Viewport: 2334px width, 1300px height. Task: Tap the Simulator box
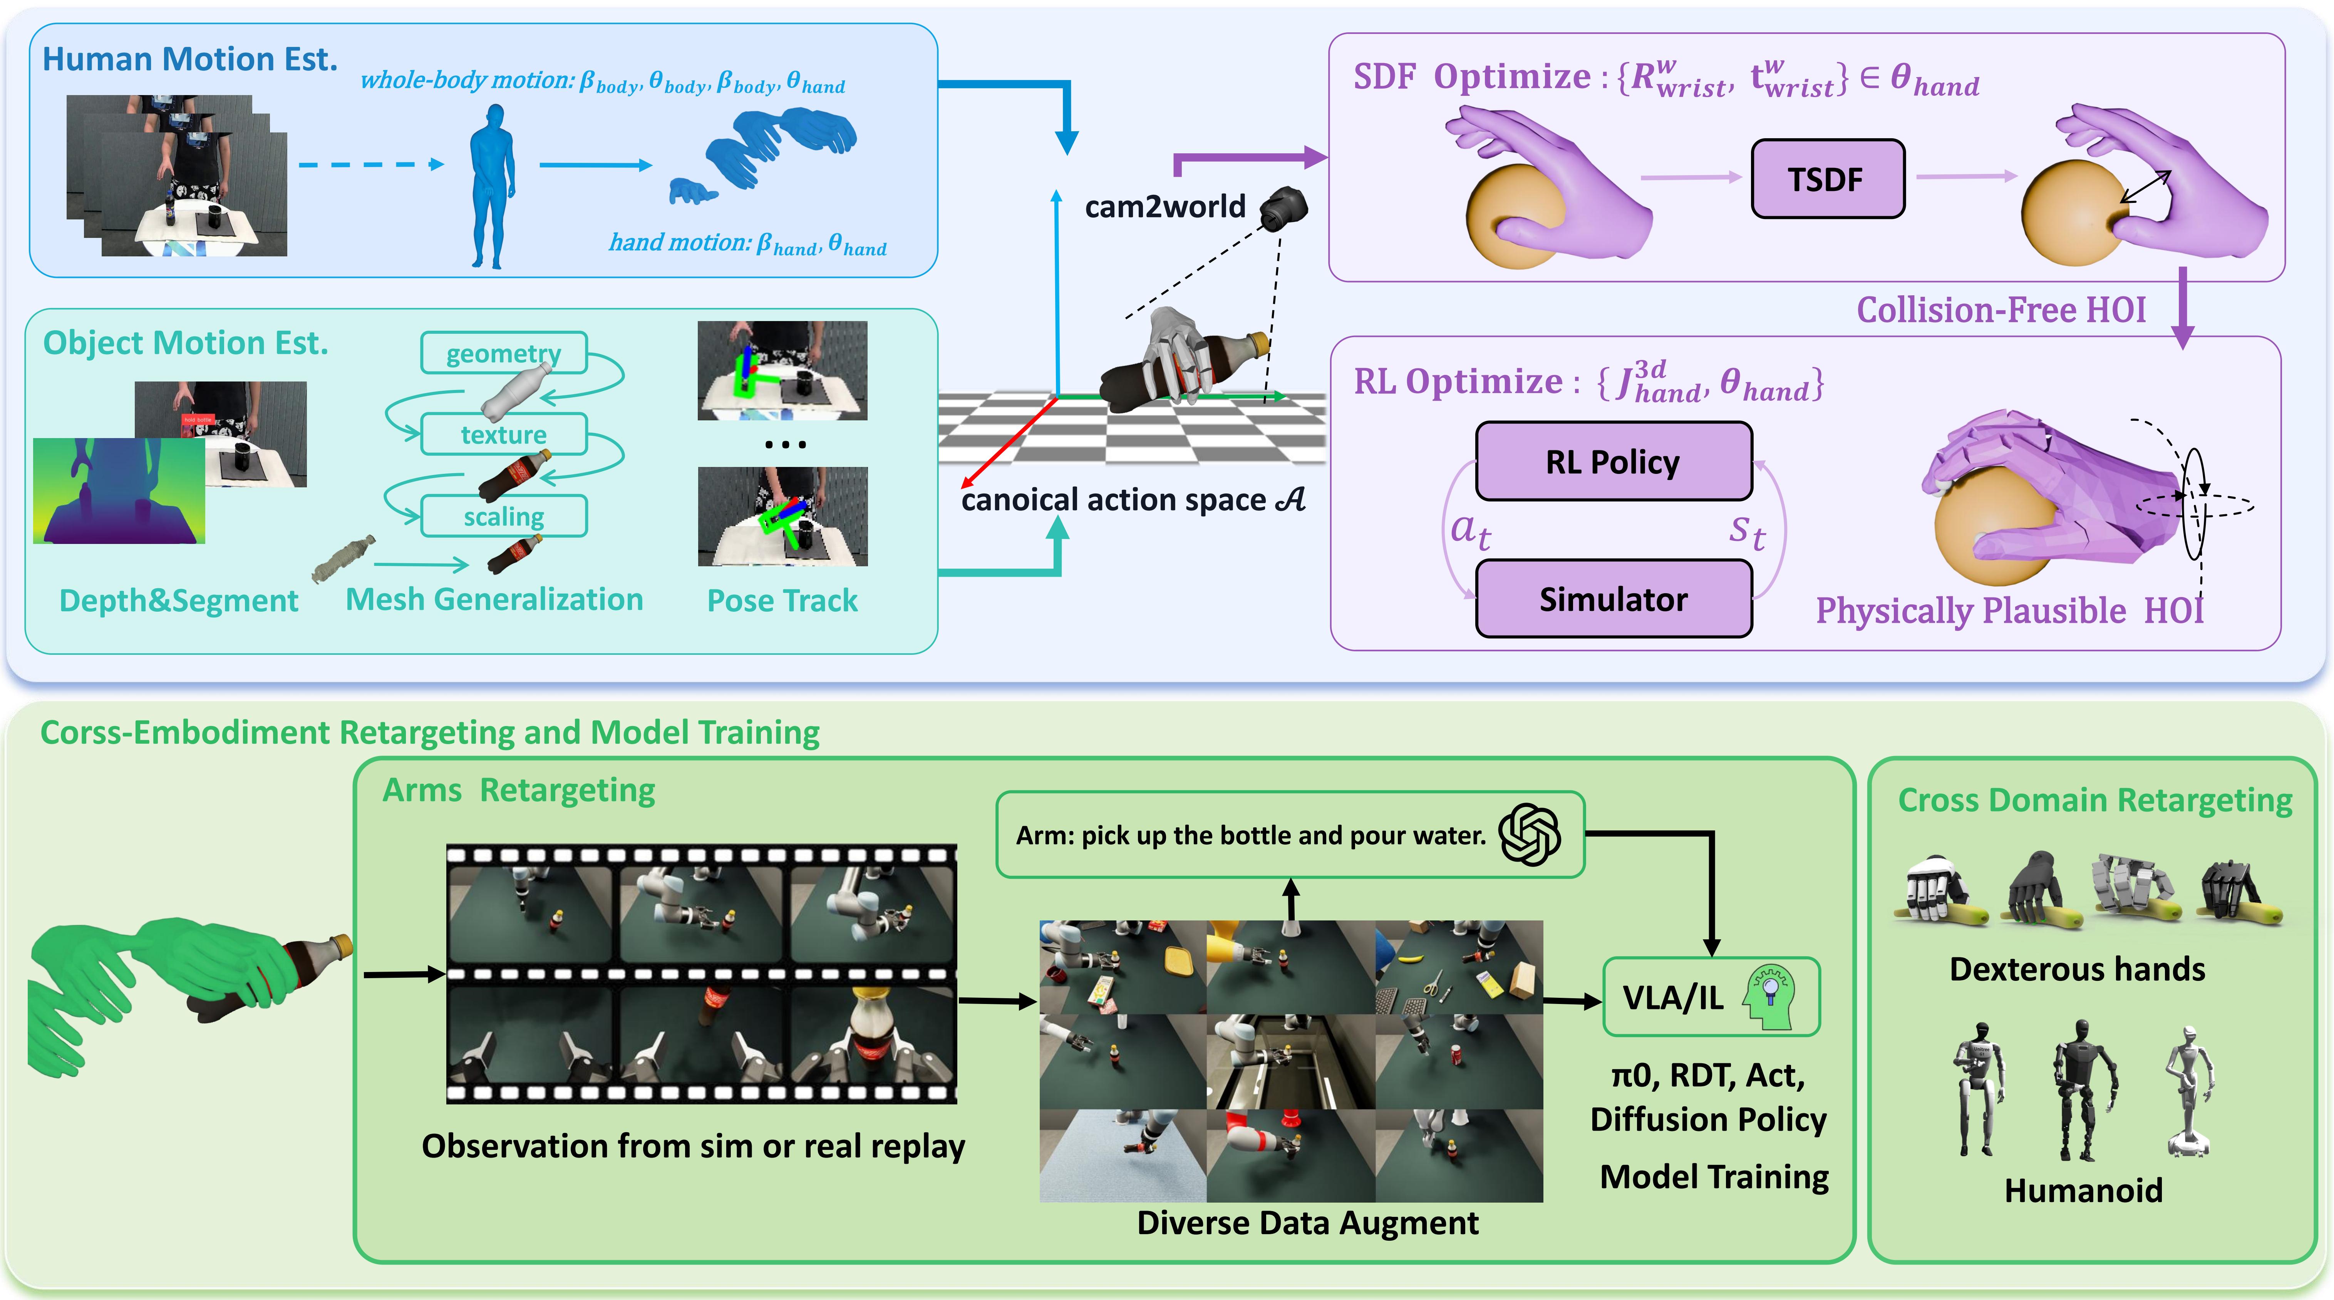(x=1613, y=599)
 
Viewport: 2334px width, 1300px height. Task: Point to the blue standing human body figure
(x=492, y=186)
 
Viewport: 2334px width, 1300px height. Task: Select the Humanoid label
(x=2082, y=1190)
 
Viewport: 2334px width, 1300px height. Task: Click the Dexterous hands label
(x=2077, y=969)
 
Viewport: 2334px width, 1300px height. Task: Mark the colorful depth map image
(x=119, y=490)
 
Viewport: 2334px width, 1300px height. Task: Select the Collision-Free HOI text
(x=2001, y=310)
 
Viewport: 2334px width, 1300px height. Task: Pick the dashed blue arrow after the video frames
(x=370, y=165)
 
